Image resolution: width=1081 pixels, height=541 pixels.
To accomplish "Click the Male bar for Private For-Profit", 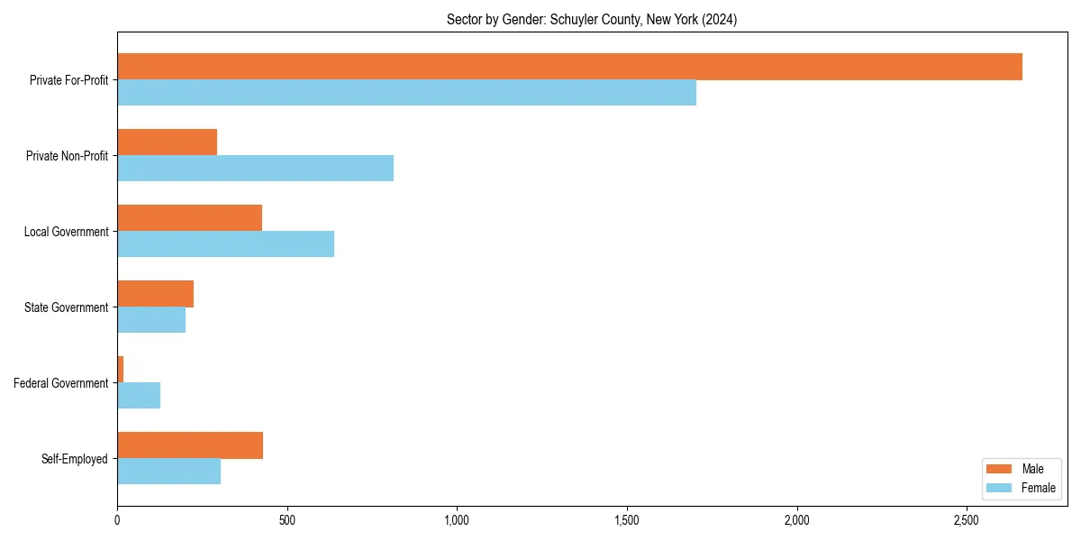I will point(569,67).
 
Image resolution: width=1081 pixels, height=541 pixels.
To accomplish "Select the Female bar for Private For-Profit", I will point(406,93).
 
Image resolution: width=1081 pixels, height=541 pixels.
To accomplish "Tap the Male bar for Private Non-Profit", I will point(167,142).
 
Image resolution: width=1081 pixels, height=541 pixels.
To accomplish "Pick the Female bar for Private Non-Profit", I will point(255,169).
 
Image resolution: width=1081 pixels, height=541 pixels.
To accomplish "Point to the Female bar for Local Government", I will point(225,244).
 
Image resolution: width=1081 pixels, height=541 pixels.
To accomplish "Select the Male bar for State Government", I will point(155,294).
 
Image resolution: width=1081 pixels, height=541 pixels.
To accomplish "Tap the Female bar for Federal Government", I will point(139,396).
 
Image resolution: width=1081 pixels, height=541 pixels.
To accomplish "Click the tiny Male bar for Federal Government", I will point(120,370).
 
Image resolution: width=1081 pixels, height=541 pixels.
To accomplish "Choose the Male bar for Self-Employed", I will point(190,445).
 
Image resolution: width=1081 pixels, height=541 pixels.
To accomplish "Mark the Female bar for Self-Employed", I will point(168,472).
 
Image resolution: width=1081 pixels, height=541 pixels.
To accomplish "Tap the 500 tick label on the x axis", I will point(287,521).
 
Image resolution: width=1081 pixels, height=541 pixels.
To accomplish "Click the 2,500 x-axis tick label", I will point(967,521).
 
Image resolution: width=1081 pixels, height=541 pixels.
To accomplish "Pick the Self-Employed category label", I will point(75,459).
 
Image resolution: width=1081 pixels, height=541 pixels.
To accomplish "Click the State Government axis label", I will point(67,307).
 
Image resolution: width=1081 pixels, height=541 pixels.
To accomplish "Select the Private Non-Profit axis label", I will point(67,156).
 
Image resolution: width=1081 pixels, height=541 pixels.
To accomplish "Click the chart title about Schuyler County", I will point(592,20).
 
